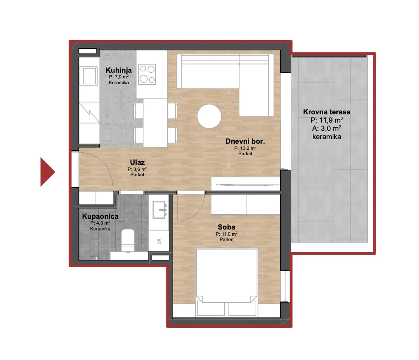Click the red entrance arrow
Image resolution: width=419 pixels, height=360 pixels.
coord(47,172)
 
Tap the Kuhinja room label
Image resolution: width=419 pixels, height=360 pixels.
coord(119,70)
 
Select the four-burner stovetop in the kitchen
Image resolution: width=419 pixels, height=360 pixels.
coord(147,74)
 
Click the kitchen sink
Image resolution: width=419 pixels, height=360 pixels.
coord(90,76)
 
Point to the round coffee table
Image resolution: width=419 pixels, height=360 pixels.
coord(209,116)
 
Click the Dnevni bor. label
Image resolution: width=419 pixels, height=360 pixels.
coord(245,141)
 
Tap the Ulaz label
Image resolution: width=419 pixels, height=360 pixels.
coord(137,162)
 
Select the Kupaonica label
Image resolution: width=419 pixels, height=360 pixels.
coord(100,216)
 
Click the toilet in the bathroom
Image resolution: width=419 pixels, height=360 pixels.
coord(128,240)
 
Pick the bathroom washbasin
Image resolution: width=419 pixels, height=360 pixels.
coord(160,210)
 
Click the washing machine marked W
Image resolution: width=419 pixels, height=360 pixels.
coord(159,241)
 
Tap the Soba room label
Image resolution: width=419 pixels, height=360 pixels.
coord(226,227)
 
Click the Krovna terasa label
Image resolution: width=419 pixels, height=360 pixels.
coord(326,112)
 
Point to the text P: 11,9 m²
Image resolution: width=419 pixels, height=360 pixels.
coord(327,120)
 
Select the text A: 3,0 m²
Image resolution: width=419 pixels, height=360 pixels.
coord(326,128)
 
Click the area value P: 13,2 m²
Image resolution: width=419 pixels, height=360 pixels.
coord(245,148)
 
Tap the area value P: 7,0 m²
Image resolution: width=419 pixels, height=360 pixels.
coord(119,77)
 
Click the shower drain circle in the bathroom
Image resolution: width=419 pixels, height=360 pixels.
coord(96,244)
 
